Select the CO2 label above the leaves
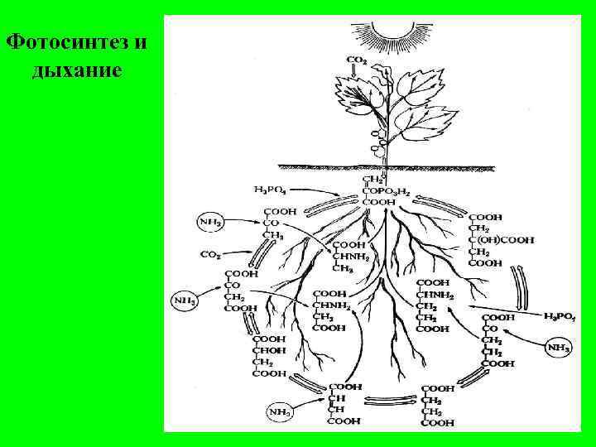point(358,60)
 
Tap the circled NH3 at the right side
point(559,348)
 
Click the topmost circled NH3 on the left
point(210,223)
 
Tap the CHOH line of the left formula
point(268,350)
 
